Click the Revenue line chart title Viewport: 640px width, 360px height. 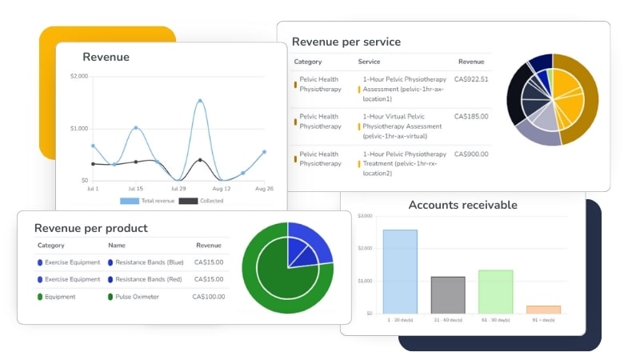(106, 57)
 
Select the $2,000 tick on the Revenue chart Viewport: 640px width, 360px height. (79, 76)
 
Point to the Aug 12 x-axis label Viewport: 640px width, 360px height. (222, 188)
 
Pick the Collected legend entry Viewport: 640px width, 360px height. (206, 201)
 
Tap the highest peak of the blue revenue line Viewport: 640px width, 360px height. (199, 101)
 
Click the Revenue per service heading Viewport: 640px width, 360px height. (346, 42)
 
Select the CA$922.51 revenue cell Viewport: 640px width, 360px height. (470, 79)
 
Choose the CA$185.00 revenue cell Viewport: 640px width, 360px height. (470, 117)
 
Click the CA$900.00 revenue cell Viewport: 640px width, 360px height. (470, 154)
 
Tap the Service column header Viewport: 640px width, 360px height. (369, 62)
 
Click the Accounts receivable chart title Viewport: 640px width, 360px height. (462, 205)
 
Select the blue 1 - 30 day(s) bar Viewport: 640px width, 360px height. (400, 271)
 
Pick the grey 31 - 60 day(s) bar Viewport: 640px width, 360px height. (448, 294)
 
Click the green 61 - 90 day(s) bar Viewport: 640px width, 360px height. (495, 291)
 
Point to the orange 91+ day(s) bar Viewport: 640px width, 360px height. (543, 309)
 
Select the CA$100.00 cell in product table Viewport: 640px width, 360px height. (209, 297)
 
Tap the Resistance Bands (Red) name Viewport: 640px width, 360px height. (149, 279)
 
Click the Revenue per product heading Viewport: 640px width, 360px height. (90, 228)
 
